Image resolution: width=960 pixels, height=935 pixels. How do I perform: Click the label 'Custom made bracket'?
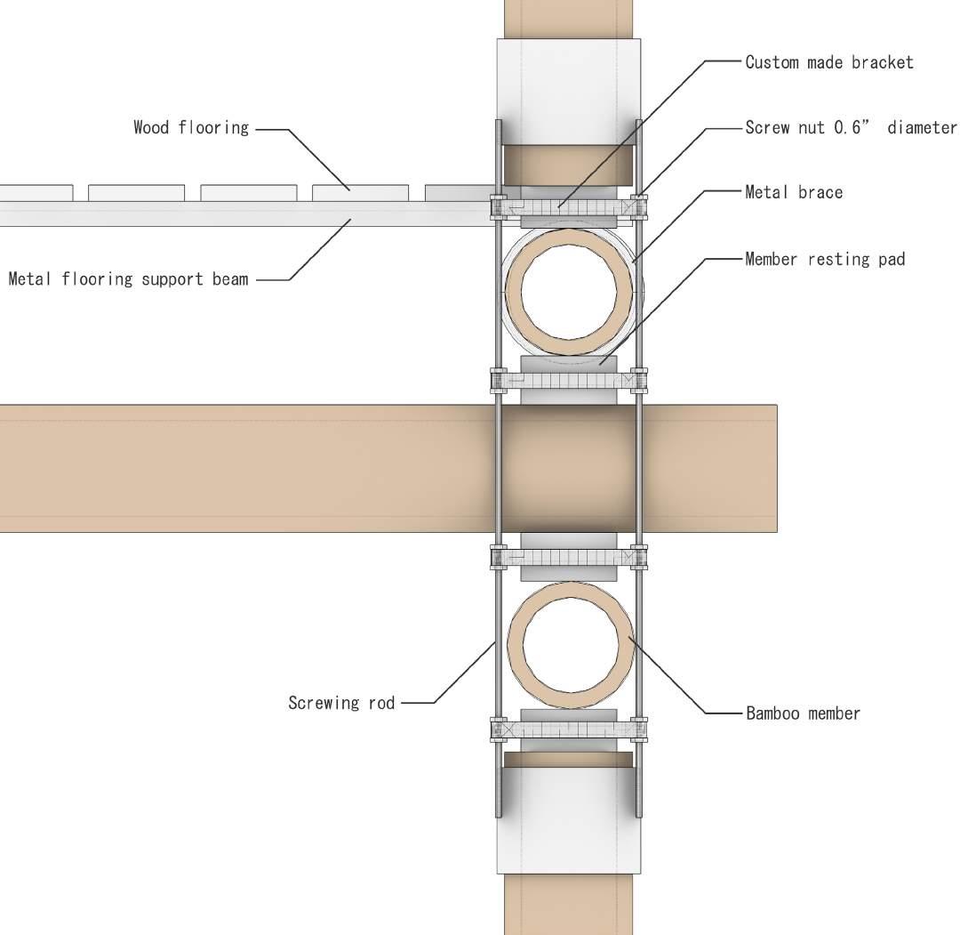click(828, 62)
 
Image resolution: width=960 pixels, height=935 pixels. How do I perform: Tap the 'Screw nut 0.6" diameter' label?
click(851, 127)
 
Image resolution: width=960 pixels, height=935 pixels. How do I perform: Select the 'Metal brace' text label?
click(794, 191)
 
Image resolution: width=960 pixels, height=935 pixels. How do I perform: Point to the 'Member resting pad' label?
click(825, 259)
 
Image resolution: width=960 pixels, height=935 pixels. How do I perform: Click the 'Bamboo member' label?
click(803, 713)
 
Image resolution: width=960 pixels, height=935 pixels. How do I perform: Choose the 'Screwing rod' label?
click(341, 703)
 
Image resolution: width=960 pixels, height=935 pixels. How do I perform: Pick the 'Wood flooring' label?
click(191, 127)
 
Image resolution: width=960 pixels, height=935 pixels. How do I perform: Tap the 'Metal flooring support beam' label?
click(128, 279)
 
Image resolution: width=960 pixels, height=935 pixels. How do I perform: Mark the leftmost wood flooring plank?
click(36, 192)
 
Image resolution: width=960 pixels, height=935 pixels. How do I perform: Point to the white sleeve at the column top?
click(569, 89)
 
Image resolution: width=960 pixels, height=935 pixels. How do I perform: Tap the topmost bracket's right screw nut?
click(639, 207)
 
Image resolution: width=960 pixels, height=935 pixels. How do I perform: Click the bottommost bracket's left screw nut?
click(498, 729)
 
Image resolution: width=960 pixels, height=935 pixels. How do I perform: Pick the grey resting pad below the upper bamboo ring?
click(568, 364)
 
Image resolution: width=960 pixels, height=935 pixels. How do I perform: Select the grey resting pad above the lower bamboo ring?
click(568, 541)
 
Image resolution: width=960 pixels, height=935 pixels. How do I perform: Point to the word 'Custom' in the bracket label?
click(770, 62)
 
